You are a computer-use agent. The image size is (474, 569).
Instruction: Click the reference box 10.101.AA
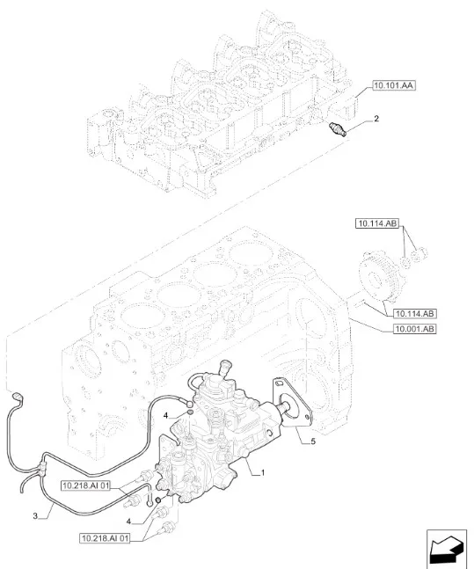coord(394,85)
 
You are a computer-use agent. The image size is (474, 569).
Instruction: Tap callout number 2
coord(376,119)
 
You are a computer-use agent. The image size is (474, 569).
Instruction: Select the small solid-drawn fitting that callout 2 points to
coord(337,129)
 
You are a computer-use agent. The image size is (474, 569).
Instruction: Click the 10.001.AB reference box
coord(414,329)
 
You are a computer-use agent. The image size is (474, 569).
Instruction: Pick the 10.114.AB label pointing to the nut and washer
coord(377,223)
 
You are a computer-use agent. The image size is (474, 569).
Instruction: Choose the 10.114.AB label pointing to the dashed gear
coord(415,314)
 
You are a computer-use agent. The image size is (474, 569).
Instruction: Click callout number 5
coord(312,441)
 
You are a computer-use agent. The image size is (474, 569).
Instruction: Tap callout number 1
coord(263,473)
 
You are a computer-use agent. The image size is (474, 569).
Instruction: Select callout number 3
coord(35,515)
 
